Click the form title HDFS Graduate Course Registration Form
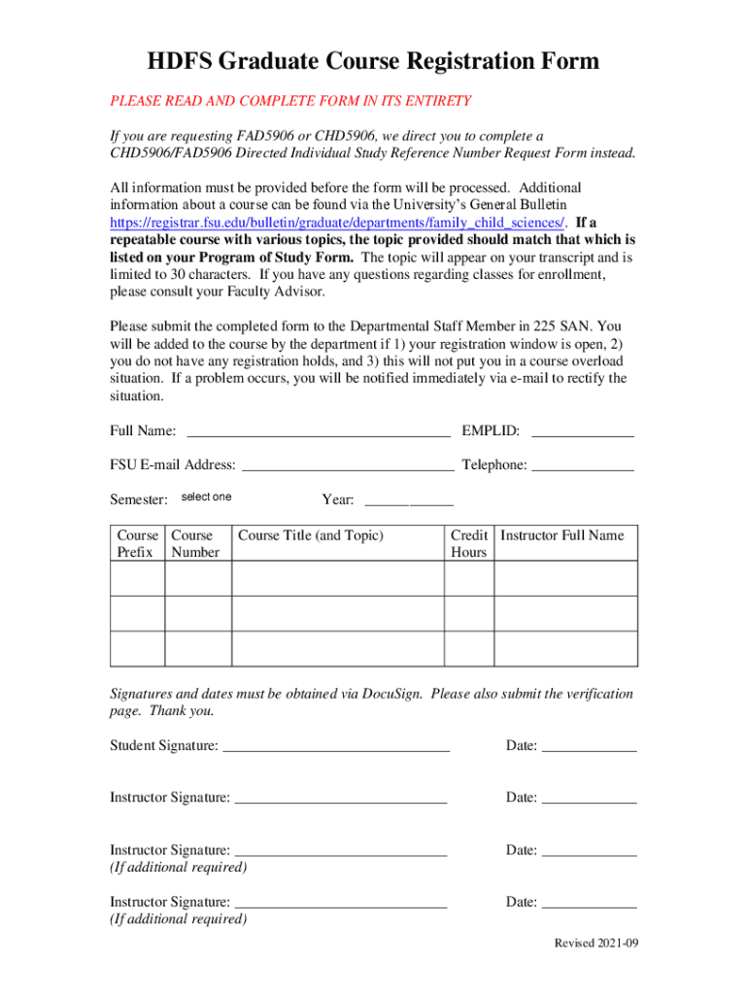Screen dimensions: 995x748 pos(373,62)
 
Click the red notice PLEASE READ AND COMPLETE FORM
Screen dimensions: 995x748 pos(290,100)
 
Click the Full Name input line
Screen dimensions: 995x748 pos(318,430)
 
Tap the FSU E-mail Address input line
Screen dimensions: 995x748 pos(347,464)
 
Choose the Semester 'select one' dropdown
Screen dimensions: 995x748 pos(207,497)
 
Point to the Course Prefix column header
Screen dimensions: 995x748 pos(137,543)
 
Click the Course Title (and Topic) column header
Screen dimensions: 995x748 pos(311,535)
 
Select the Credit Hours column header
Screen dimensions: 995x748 pos(468,543)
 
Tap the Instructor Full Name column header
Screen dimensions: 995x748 pos(562,535)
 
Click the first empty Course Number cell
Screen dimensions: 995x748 pos(198,578)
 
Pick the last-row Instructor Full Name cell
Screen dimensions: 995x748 pos(565,648)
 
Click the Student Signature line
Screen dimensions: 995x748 pos(336,745)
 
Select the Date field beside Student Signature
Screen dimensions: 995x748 pos(588,745)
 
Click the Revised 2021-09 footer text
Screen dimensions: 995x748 pos(595,944)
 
